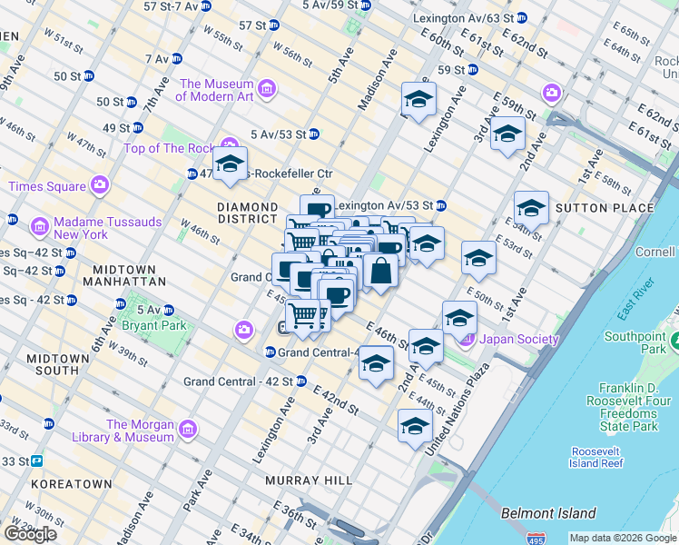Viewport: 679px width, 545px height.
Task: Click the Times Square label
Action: (x=44, y=186)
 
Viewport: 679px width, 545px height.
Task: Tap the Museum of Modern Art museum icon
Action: (x=267, y=88)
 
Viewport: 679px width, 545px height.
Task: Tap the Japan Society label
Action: (x=518, y=340)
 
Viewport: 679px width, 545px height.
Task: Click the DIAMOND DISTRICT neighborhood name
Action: (x=247, y=213)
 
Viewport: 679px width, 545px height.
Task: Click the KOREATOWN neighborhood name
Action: (x=71, y=484)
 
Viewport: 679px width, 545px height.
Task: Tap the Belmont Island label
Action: (x=548, y=513)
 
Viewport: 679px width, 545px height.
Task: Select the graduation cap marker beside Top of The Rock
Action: (x=230, y=165)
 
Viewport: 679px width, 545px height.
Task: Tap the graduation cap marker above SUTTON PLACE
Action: (x=531, y=207)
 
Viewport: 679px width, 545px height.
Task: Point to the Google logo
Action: (x=30, y=533)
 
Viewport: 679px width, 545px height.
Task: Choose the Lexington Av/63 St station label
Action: (x=456, y=18)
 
